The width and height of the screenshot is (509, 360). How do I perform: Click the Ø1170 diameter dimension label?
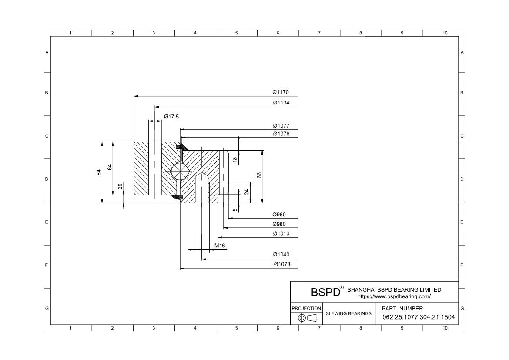pos(281,92)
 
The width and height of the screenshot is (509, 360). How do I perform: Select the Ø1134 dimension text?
pos(281,103)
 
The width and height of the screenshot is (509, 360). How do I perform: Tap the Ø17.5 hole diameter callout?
pos(171,117)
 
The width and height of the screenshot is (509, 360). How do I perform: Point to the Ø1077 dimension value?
pos(281,126)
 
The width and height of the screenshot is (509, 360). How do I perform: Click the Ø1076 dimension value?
pos(281,134)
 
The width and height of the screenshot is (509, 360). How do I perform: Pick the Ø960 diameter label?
pos(279,215)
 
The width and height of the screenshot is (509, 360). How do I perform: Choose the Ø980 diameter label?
pos(279,224)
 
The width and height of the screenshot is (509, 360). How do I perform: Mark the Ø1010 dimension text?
pos(281,234)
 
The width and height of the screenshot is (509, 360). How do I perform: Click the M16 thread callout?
pos(220,246)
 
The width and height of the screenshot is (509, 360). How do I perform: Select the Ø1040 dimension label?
pos(281,255)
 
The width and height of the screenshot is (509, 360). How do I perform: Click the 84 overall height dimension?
pos(99,172)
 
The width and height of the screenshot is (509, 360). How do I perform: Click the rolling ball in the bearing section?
pos(180,171)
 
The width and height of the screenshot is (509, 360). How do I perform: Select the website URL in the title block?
pos(394,296)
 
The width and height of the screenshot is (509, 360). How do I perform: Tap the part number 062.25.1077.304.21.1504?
pos(419,317)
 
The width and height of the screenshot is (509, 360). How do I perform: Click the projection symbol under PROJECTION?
pos(306,318)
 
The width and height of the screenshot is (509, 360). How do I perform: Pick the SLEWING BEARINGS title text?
pos(348,313)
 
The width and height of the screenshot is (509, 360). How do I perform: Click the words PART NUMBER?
pos(402,308)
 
